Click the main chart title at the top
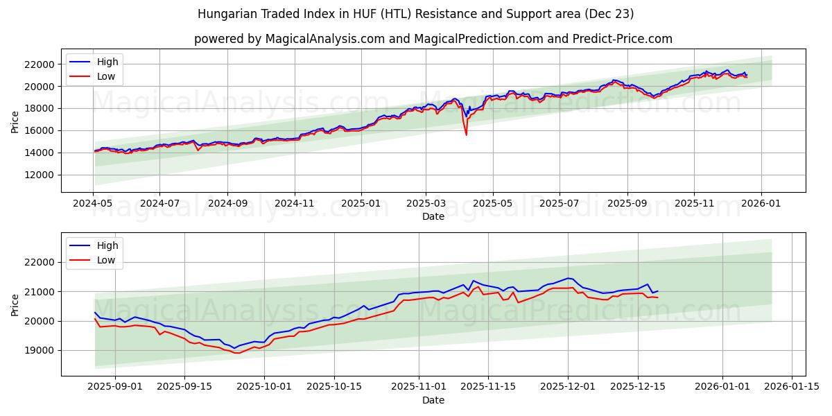click(415, 14)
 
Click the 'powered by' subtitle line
click(433, 39)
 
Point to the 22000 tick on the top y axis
click(39, 64)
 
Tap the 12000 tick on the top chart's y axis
click(39, 175)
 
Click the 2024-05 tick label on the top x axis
click(93, 205)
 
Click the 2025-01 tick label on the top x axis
click(361, 205)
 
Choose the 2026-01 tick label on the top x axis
click(761, 205)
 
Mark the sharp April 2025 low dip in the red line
click(466, 135)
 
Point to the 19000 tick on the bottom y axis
click(39, 350)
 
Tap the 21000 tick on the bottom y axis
click(39, 292)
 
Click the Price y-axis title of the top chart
click(15, 121)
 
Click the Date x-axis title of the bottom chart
click(433, 400)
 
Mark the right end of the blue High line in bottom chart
click(657, 291)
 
